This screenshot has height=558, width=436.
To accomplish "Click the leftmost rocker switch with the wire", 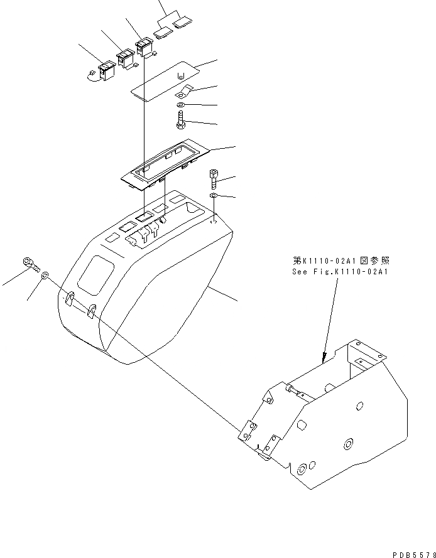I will [106, 68].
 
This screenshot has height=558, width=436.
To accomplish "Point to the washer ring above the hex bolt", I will [181, 105].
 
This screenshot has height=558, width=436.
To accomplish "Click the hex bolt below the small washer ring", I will [182, 119].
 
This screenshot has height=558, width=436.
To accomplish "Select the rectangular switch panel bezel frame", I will [166, 163].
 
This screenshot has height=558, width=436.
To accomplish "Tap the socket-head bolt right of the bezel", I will [214, 179].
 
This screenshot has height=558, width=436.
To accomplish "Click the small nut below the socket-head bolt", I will [214, 197].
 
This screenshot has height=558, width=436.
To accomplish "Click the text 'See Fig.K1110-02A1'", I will [341, 272].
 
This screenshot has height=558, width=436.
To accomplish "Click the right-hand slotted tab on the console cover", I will [92, 311].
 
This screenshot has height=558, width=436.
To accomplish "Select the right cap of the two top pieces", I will [182, 24].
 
